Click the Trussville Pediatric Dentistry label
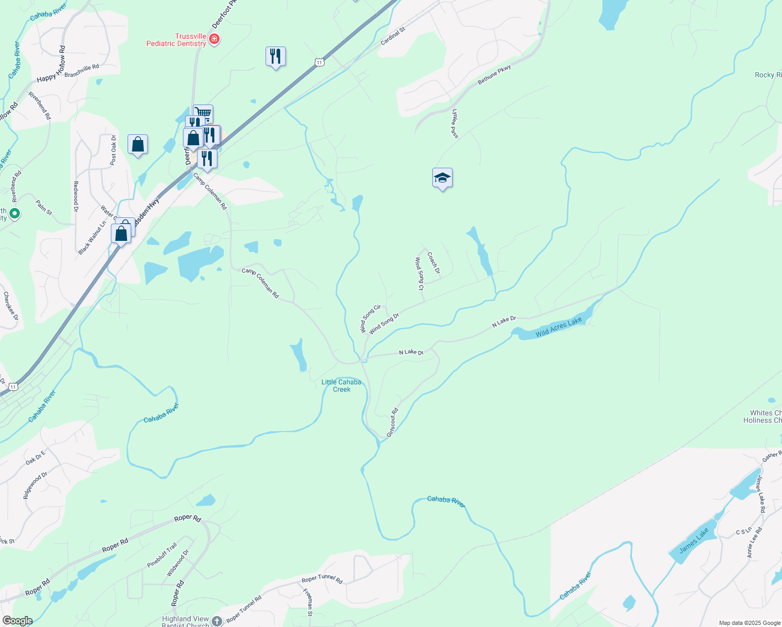pos(176,40)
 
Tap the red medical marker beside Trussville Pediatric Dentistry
pos(214,39)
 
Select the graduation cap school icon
pos(442,178)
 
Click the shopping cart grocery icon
pos(203,113)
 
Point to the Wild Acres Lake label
pos(558,327)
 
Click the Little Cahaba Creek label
pos(341,386)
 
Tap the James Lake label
pos(694,540)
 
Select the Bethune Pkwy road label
pos(494,75)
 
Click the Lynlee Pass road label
pos(455,124)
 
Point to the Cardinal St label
pos(393,36)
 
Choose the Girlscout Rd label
pos(392,423)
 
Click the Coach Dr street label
pos(433,263)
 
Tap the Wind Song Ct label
pos(419,273)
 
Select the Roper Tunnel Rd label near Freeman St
pos(322,578)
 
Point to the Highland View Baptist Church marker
pos(217,621)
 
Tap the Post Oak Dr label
pos(113,150)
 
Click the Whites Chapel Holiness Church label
pos(762,416)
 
